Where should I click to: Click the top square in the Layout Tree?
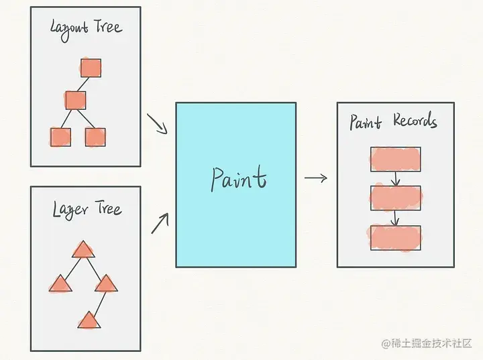click(91, 68)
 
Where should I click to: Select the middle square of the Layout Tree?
click(76, 100)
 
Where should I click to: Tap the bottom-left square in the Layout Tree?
click(60, 137)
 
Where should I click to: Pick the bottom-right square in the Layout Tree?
click(95, 137)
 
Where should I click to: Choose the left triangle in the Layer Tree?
click(60, 284)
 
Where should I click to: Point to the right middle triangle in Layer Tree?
click(106, 284)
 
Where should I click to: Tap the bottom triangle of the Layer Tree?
click(89, 320)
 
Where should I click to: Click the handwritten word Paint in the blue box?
click(238, 178)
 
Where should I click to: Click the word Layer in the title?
click(70, 210)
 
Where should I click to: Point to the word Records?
click(415, 121)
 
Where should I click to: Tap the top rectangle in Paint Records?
click(395, 158)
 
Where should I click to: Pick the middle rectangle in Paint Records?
click(395, 198)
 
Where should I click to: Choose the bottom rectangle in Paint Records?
click(395, 237)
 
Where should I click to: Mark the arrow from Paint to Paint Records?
click(315, 178)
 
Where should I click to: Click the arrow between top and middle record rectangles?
click(396, 178)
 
